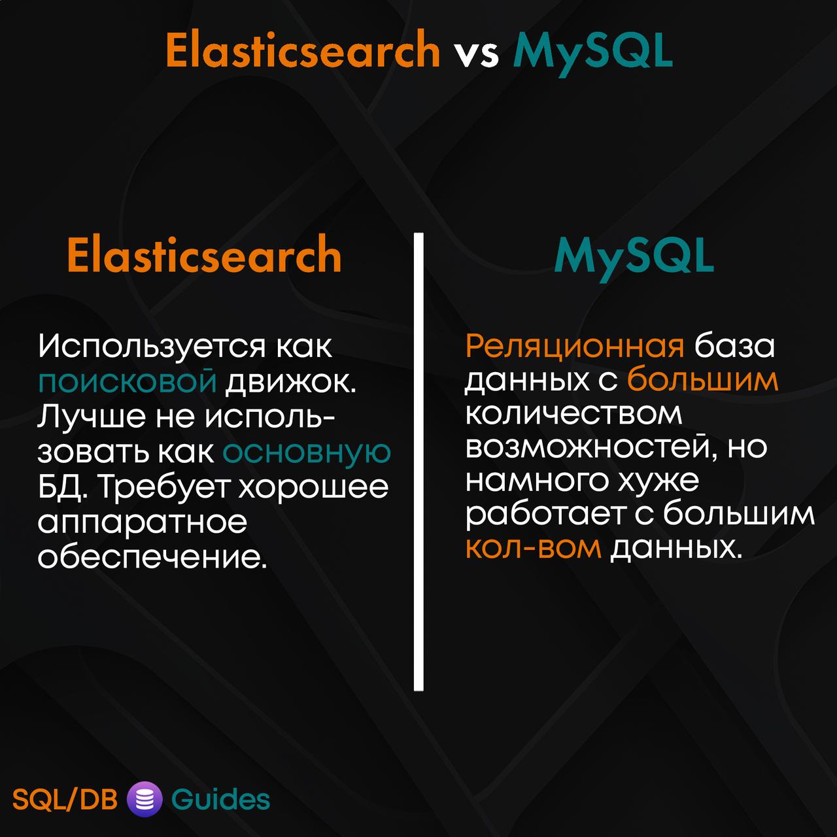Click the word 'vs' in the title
(x=477, y=55)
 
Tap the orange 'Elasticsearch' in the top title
(x=303, y=49)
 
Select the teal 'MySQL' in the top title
(x=592, y=53)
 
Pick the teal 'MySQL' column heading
(x=634, y=258)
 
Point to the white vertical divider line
(x=418, y=461)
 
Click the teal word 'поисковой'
(x=128, y=381)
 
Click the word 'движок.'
(x=290, y=382)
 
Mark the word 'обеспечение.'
(x=152, y=557)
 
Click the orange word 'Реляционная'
(x=575, y=347)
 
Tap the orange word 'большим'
(x=702, y=380)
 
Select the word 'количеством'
(x=573, y=414)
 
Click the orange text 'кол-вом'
(x=534, y=548)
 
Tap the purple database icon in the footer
(x=145, y=799)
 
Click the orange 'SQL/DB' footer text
(x=65, y=800)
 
